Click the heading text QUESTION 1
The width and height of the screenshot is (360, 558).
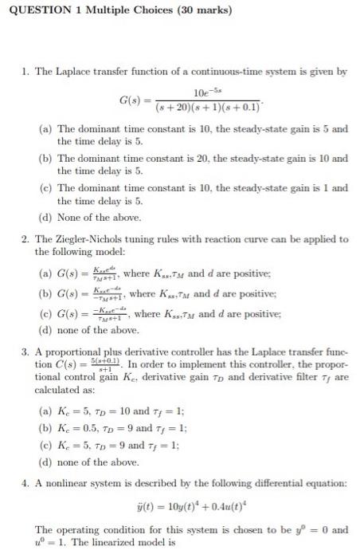[41, 11]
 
